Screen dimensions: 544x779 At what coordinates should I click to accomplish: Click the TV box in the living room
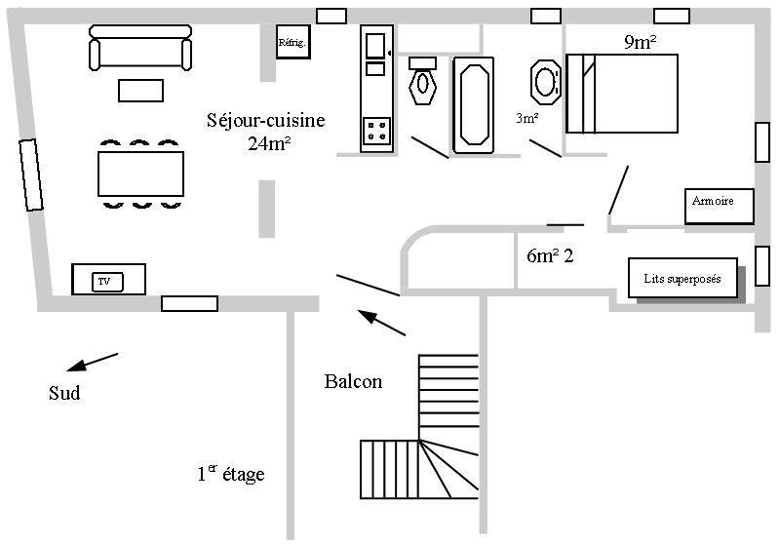click(x=108, y=280)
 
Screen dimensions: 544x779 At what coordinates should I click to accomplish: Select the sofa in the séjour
click(x=139, y=49)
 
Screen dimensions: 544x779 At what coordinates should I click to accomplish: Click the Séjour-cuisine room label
click(x=265, y=121)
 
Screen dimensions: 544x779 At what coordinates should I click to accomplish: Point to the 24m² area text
click(x=270, y=144)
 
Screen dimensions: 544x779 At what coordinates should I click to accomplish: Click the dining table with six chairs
click(x=141, y=174)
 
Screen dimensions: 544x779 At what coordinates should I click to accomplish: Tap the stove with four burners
click(x=376, y=131)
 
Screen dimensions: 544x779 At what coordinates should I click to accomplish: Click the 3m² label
click(x=526, y=118)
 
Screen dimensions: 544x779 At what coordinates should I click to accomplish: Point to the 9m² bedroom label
click(x=639, y=42)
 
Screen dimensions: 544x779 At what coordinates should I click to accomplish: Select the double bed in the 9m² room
click(x=622, y=94)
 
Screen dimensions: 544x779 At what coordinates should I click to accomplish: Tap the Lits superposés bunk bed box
click(x=682, y=279)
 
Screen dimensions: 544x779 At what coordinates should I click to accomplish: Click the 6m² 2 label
click(x=549, y=256)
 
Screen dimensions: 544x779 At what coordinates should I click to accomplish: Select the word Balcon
click(x=353, y=382)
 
